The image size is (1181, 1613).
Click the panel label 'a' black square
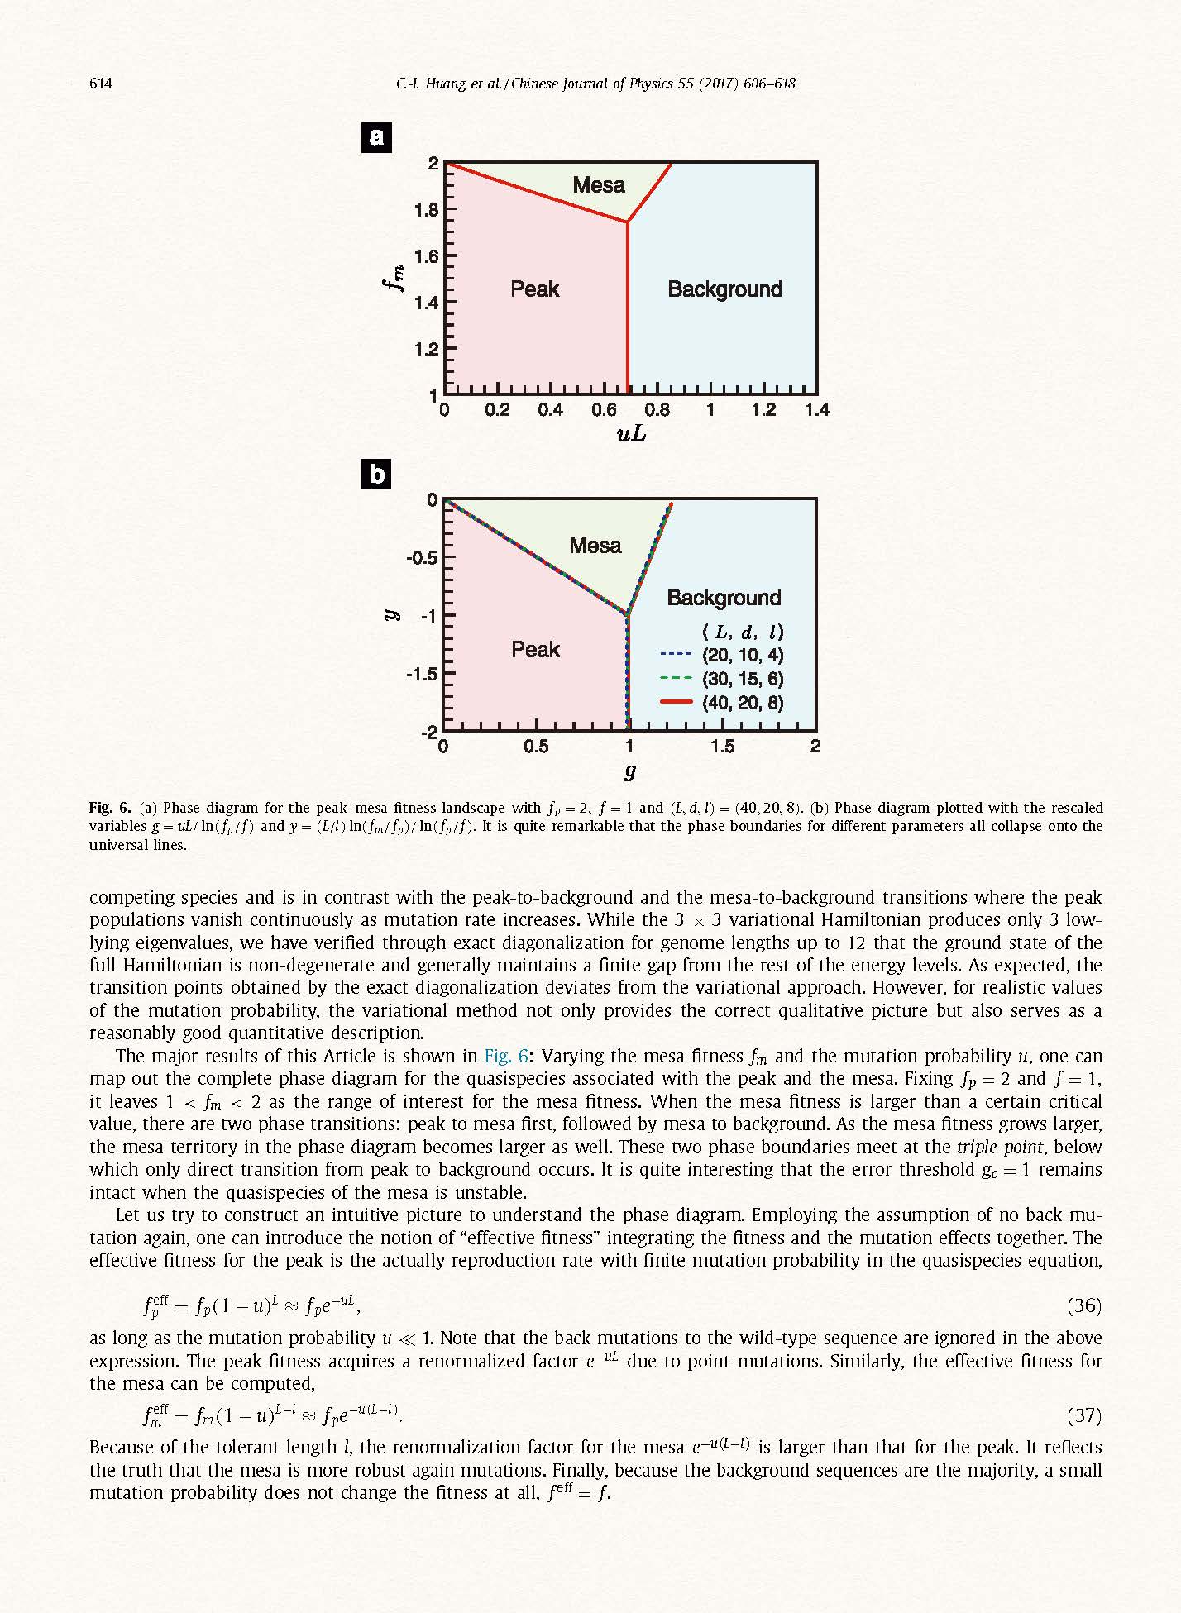tap(377, 137)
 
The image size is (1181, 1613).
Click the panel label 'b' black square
tap(377, 474)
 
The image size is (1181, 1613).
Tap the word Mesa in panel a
tap(599, 185)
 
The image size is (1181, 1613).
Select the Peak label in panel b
tap(535, 650)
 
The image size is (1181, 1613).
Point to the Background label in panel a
tap(724, 289)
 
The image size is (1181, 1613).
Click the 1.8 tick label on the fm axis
tap(427, 210)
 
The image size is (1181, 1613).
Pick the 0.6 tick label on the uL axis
tap(604, 410)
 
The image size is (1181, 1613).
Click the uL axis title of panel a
tap(631, 433)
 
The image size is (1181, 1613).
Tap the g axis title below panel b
tap(630, 771)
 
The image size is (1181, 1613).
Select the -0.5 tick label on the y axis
tap(422, 558)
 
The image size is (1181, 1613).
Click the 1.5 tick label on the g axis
tap(722, 747)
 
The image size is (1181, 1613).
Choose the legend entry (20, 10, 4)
tap(743, 656)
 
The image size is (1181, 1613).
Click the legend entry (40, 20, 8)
tap(743, 704)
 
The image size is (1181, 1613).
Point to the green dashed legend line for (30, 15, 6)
tap(676, 680)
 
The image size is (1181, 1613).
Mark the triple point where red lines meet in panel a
tap(628, 222)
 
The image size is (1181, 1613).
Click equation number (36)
tap(1084, 1305)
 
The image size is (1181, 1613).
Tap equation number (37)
tap(1084, 1415)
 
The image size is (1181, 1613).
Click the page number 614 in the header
tap(100, 84)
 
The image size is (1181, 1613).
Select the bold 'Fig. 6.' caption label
tap(111, 808)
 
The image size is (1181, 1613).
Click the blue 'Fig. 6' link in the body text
tap(506, 1057)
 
